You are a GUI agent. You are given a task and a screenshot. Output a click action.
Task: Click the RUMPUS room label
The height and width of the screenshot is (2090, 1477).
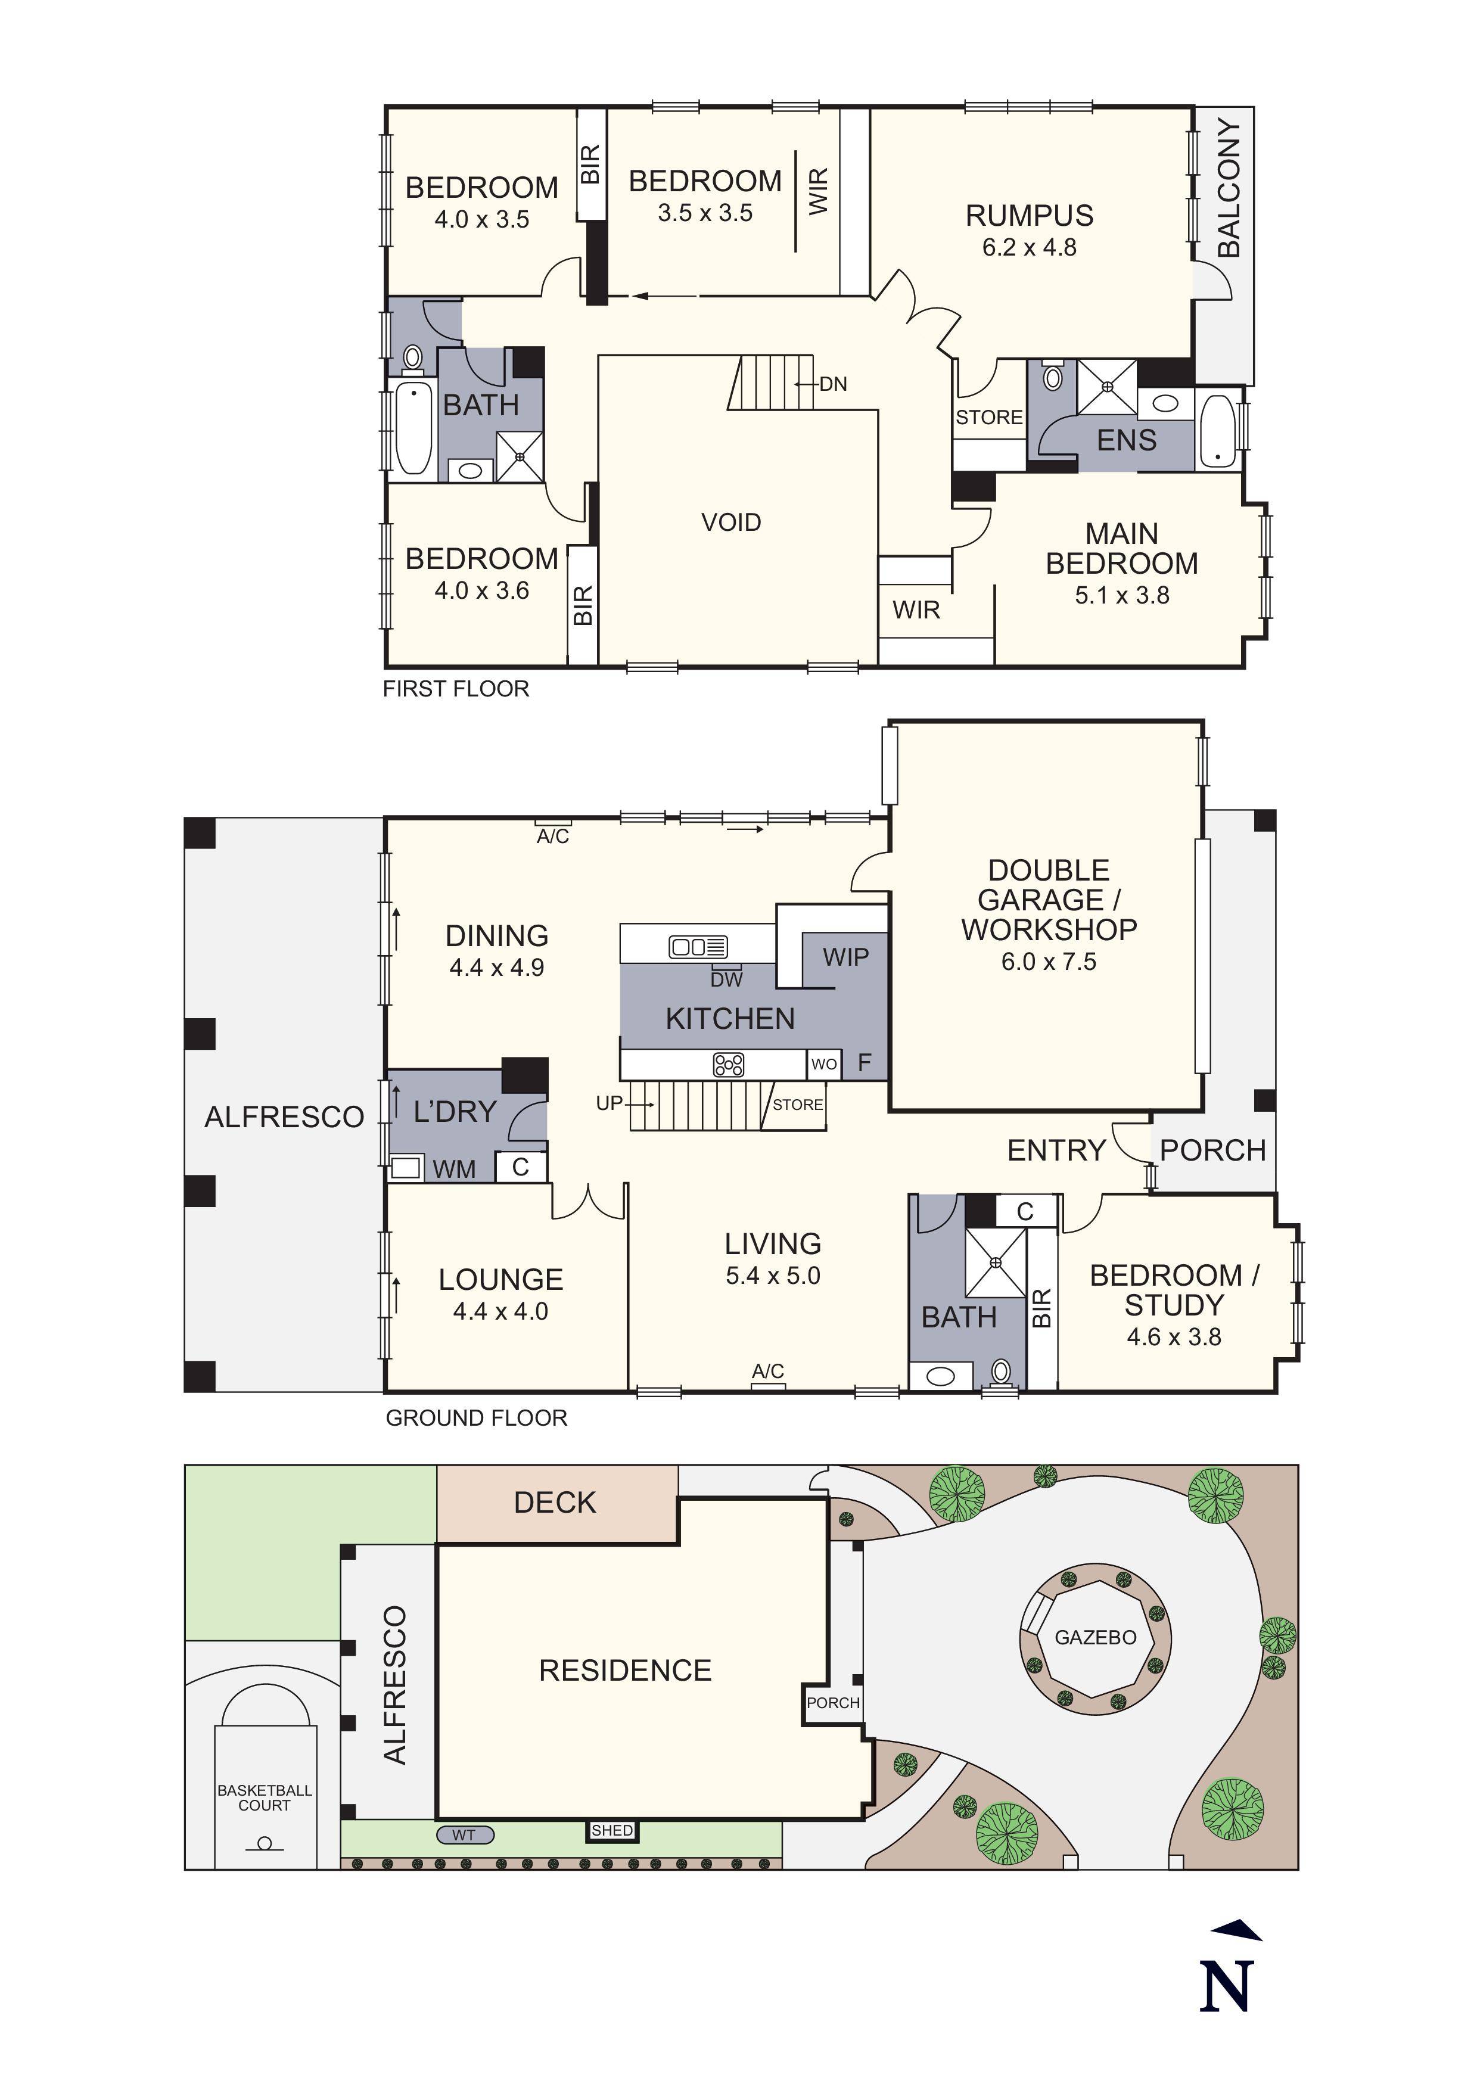tap(1030, 216)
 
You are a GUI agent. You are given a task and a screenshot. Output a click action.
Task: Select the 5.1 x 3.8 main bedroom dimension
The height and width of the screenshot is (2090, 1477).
tap(1121, 595)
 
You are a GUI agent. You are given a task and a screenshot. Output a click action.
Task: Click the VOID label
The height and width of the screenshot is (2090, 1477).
tap(731, 522)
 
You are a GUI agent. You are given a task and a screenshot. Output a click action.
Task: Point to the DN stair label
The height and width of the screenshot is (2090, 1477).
tap(833, 384)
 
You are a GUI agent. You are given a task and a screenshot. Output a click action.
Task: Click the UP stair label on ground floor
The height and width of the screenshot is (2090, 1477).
tap(609, 1103)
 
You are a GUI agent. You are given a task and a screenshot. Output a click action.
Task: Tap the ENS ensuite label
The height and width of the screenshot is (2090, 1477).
tap(1125, 440)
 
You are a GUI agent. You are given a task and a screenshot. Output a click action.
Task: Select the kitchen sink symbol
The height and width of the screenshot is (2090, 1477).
tap(698, 947)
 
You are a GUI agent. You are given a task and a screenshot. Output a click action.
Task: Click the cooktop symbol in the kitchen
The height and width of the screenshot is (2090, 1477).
tap(728, 1064)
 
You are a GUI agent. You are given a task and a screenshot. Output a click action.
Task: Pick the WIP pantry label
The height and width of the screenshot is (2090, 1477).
tap(845, 957)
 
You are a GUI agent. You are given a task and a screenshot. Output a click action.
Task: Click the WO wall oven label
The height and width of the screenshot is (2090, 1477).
tap(823, 1064)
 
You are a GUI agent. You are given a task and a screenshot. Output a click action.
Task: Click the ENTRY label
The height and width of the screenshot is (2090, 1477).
tap(1056, 1150)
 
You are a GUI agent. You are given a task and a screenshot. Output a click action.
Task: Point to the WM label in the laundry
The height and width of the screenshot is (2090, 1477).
tap(454, 1169)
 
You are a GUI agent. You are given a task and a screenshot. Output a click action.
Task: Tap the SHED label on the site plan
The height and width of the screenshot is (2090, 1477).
tap(611, 1831)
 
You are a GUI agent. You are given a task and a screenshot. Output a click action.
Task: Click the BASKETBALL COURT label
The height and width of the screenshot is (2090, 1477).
tap(264, 1798)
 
